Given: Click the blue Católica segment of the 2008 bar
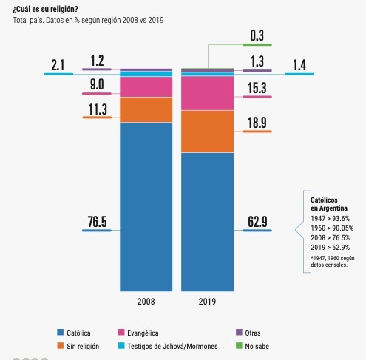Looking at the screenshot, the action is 146,207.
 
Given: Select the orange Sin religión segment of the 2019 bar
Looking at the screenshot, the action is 207,132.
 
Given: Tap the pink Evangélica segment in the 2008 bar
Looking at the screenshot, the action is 146,86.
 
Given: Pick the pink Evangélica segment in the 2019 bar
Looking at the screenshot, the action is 207,93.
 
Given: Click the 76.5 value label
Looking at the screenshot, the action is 97,221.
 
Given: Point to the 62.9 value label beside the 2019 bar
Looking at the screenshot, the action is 257,221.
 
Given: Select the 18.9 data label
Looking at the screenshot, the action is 257,123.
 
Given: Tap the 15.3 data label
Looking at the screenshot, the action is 257,88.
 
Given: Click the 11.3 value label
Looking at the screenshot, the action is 98,109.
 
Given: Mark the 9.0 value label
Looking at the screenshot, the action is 97,84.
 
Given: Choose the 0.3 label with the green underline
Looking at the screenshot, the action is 257,35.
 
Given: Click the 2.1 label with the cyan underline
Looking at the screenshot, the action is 58,65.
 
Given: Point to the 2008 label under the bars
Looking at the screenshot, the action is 146,302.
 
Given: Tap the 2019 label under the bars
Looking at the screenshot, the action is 207,302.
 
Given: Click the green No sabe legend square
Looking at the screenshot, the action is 239,346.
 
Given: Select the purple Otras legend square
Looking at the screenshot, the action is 239,332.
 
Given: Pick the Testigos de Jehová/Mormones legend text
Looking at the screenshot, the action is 172,346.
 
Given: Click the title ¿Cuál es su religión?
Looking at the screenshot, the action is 45,9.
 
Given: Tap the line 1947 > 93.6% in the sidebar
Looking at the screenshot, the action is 331,219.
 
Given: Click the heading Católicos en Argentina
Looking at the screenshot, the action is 329,204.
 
